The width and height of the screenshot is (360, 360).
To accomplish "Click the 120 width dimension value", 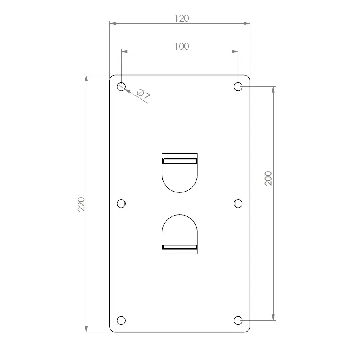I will [x=182, y=18].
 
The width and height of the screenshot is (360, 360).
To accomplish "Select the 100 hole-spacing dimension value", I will [x=182, y=46].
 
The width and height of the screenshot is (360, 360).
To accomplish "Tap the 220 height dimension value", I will [x=81, y=204].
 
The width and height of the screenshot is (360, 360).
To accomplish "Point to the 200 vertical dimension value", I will [x=268, y=178].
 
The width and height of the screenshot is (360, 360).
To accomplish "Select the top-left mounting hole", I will [x=121, y=86].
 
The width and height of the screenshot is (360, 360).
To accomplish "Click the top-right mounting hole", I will [x=238, y=86].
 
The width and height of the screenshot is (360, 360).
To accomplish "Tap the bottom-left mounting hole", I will [x=121, y=320].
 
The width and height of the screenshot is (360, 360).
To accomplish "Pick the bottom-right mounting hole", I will [x=238, y=320].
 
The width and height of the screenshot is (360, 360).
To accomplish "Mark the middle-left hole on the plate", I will [x=121, y=204].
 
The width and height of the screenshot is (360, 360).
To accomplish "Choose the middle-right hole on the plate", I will [x=238, y=204].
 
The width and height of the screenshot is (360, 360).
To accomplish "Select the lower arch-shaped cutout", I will [x=180, y=230].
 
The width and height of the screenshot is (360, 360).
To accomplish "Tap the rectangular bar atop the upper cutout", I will [x=180, y=160].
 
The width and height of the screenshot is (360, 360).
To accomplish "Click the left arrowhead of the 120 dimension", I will [x=112, y=24].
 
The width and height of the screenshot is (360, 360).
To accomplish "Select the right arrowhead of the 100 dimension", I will [x=236, y=52].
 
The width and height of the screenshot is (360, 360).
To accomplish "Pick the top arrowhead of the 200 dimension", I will [x=274, y=89].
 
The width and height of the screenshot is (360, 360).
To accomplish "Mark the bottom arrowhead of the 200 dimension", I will [x=274, y=318].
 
